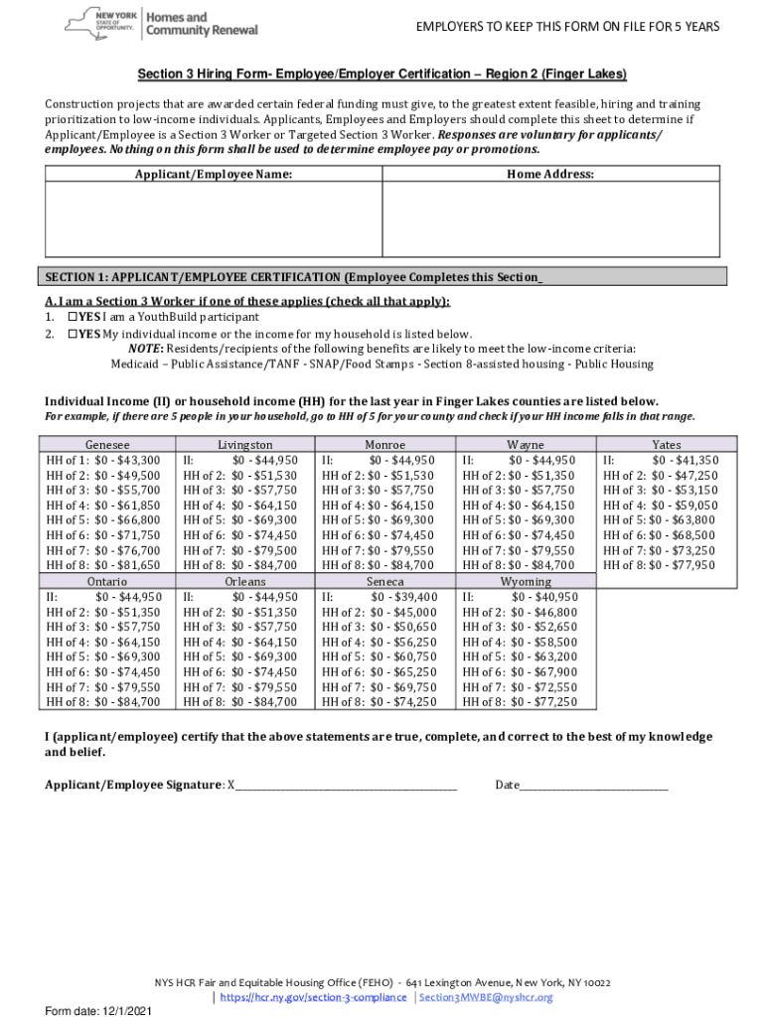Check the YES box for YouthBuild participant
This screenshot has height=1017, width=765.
[72, 317]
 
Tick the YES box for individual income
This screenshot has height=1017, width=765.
[72, 334]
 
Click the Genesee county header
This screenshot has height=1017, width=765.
[107, 445]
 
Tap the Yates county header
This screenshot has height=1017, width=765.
[667, 445]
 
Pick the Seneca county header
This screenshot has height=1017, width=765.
[384, 581]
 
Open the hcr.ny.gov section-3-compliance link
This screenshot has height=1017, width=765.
[312, 997]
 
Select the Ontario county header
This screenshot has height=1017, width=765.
[107, 581]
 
